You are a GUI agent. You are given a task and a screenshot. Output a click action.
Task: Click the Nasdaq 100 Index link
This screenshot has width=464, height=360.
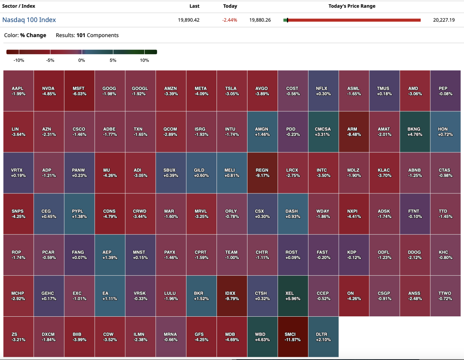(x=29, y=20)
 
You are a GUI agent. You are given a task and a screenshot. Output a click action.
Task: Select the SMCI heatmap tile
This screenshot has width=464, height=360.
(x=292, y=337)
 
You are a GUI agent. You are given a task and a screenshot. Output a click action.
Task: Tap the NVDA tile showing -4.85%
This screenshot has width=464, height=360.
(x=48, y=91)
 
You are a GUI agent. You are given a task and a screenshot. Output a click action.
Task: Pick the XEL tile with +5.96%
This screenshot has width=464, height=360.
(x=292, y=296)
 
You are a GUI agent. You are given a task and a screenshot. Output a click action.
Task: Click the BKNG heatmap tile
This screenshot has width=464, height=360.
(x=415, y=132)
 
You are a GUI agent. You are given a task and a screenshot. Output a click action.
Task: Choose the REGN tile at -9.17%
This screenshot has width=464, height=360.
(x=262, y=173)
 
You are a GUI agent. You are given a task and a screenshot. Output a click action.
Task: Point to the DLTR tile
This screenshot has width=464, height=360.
(x=323, y=337)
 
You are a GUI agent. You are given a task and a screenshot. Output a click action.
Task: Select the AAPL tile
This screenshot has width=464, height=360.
(x=18, y=91)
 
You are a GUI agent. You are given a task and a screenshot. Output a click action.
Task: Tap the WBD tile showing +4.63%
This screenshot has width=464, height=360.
(x=262, y=337)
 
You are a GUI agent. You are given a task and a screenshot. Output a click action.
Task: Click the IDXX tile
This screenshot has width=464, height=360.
(x=231, y=296)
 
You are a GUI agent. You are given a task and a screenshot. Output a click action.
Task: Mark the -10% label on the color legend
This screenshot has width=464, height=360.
(x=19, y=60)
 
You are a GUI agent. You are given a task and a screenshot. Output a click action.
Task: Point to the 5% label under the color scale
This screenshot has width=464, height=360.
(x=113, y=60)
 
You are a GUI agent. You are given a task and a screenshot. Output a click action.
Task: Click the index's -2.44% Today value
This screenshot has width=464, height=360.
(x=230, y=20)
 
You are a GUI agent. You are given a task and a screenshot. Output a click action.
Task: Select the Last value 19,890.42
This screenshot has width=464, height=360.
(x=189, y=20)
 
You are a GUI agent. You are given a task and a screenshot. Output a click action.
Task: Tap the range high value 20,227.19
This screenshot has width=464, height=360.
(x=444, y=20)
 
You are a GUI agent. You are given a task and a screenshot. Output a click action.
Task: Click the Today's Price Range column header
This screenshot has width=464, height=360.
(x=352, y=6)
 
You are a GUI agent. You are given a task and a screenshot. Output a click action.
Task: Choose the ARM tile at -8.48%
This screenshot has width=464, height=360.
(x=353, y=132)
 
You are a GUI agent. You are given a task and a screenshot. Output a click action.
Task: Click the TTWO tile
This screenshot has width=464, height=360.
(x=445, y=296)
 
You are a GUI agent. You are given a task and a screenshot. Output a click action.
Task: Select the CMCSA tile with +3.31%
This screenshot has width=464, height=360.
(x=323, y=132)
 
